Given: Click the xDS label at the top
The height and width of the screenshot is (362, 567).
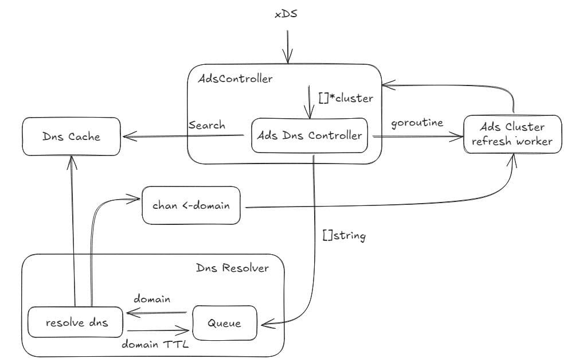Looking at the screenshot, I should point(286,13).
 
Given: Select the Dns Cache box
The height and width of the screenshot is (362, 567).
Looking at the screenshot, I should point(71,137).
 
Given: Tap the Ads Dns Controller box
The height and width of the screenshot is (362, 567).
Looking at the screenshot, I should point(310,136).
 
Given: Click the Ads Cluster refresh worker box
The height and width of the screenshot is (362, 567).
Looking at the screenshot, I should point(511,134).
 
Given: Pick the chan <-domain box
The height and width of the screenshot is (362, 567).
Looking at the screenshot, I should point(191,205).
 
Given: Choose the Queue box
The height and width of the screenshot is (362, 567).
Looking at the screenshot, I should point(225,323).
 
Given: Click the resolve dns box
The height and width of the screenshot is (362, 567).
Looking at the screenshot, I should point(76,323).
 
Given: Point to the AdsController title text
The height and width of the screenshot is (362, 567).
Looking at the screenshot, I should point(235,79).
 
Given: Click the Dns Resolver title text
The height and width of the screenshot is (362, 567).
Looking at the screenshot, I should point(232,268).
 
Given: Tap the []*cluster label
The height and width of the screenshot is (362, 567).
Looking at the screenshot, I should point(346,98).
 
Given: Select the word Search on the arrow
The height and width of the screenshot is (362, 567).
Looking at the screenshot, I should point(206,125).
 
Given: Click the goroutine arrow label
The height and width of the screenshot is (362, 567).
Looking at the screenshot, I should point(417,123).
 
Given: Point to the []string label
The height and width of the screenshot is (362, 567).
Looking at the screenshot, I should point(345,235).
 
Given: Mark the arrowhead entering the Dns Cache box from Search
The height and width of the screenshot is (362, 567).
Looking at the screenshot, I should point(124,137).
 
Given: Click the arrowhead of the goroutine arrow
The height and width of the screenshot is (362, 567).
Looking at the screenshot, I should point(459,137).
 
